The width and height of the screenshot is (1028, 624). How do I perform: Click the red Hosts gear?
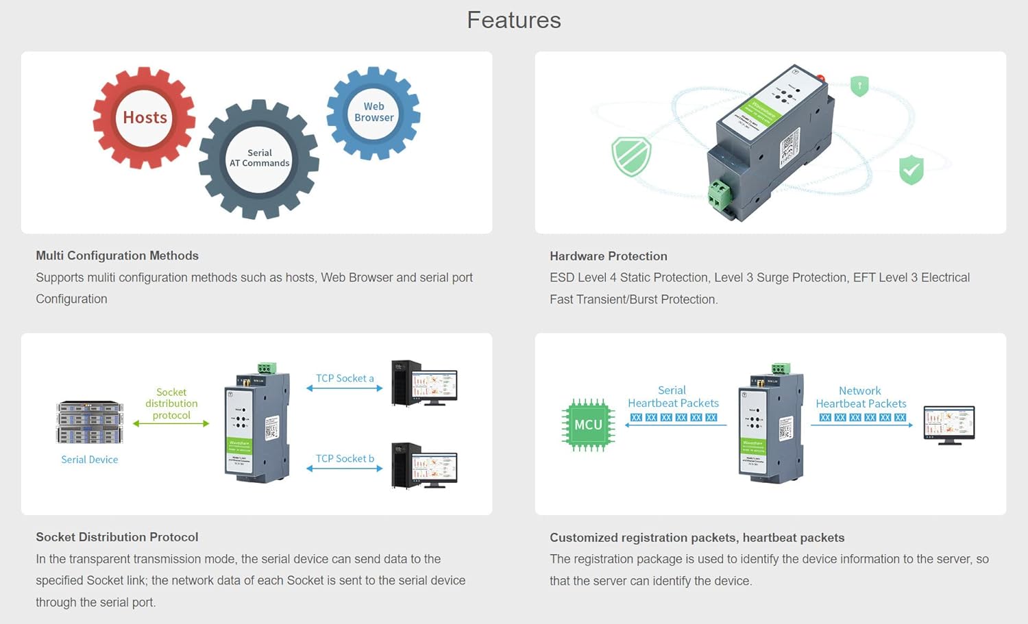tap(145, 118)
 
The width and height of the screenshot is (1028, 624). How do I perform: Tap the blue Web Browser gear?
tap(374, 113)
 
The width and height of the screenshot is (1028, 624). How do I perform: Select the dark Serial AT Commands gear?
tap(259, 159)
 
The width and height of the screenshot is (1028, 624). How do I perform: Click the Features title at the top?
tap(514, 20)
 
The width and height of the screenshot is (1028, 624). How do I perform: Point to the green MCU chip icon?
tap(588, 425)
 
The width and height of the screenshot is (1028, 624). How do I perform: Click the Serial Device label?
tap(89, 460)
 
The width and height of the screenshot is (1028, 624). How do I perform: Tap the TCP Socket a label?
tap(345, 378)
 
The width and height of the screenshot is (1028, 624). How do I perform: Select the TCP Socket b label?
tap(345, 458)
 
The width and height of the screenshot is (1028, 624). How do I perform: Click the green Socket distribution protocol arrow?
tap(171, 423)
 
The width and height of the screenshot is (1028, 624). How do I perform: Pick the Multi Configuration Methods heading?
tap(117, 255)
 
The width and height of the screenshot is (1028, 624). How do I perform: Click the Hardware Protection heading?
tap(608, 256)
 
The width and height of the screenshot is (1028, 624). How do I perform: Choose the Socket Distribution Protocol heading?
tap(117, 537)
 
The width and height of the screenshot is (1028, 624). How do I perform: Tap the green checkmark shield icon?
tap(911, 170)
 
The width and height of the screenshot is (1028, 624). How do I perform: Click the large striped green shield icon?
tap(631, 156)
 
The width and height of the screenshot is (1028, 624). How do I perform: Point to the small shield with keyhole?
tap(859, 86)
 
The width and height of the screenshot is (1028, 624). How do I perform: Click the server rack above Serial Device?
tap(90, 422)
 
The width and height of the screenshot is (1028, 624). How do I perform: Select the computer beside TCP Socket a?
tap(424, 383)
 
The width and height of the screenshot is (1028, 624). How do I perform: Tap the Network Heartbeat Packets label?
tap(861, 397)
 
